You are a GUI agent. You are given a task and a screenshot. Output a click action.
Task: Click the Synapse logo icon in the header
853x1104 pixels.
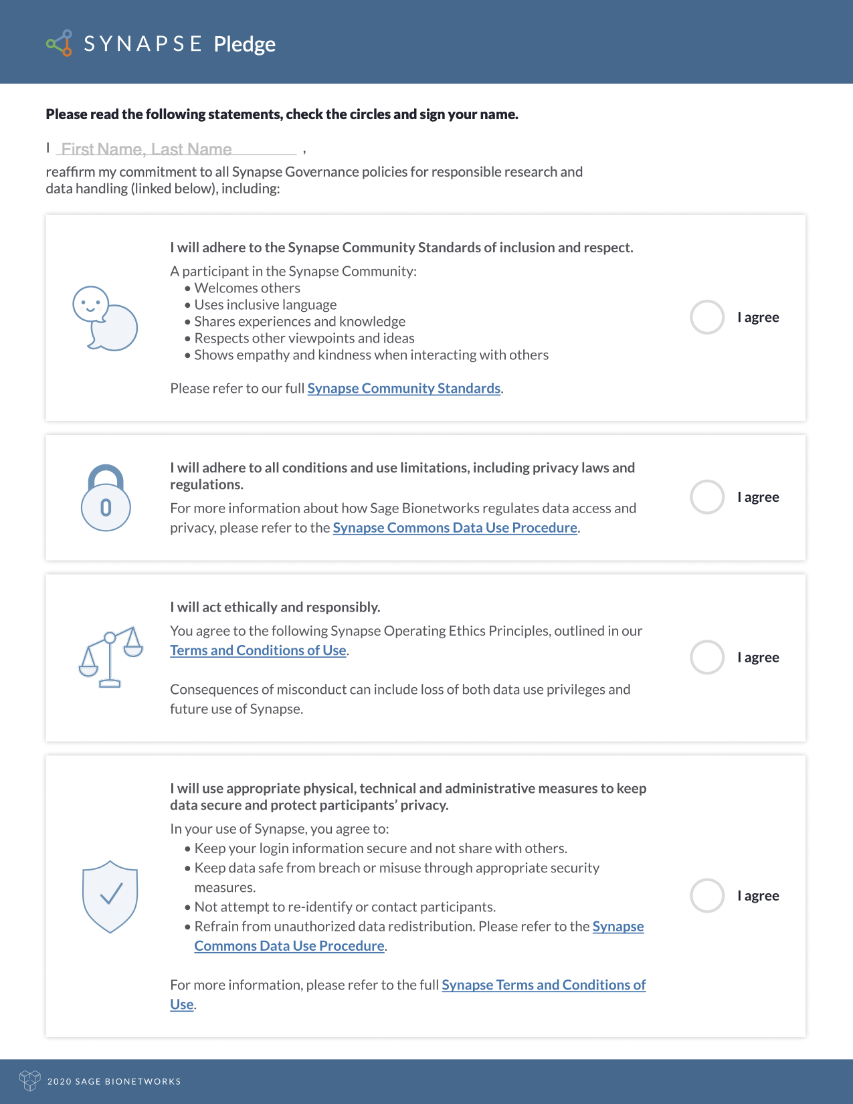(60, 43)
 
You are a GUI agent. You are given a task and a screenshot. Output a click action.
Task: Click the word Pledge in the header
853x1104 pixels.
(244, 44)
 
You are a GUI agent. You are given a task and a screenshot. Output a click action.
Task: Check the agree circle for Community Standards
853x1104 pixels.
(707, 317)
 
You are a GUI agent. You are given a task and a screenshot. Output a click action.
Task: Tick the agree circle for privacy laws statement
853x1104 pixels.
(707, 497)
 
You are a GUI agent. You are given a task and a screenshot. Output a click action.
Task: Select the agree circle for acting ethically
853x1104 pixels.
(707, 657)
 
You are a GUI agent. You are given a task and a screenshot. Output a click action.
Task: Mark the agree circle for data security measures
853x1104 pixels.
(707, 895)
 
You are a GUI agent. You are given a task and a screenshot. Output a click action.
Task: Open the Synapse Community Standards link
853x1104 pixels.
(403, 389)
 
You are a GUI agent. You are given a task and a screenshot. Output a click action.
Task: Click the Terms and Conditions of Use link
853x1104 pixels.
(258, 650)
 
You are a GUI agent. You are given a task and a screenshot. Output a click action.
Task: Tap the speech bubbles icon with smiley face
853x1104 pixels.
(104, 318)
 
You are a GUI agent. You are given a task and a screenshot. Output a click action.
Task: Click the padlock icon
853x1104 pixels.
(106, 498)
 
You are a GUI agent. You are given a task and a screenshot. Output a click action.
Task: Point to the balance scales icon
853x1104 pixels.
(110, 657)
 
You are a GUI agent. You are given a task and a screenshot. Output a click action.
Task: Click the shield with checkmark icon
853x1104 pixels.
(110, 896)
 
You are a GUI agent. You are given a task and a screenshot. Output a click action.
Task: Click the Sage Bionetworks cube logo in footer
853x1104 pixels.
(30, 1081)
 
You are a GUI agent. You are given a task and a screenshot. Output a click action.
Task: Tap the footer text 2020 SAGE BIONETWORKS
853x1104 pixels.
(114, 1081)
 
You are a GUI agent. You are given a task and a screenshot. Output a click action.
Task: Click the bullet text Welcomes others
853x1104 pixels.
(247, 288)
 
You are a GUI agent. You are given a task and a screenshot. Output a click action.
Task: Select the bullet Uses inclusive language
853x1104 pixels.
(265, 305)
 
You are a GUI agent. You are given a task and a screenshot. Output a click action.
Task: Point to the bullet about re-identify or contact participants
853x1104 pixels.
(345, 907)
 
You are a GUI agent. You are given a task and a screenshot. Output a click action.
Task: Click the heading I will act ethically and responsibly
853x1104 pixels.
(275, 608)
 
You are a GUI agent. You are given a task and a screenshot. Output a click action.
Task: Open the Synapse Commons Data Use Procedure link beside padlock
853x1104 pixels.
(455, 528)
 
